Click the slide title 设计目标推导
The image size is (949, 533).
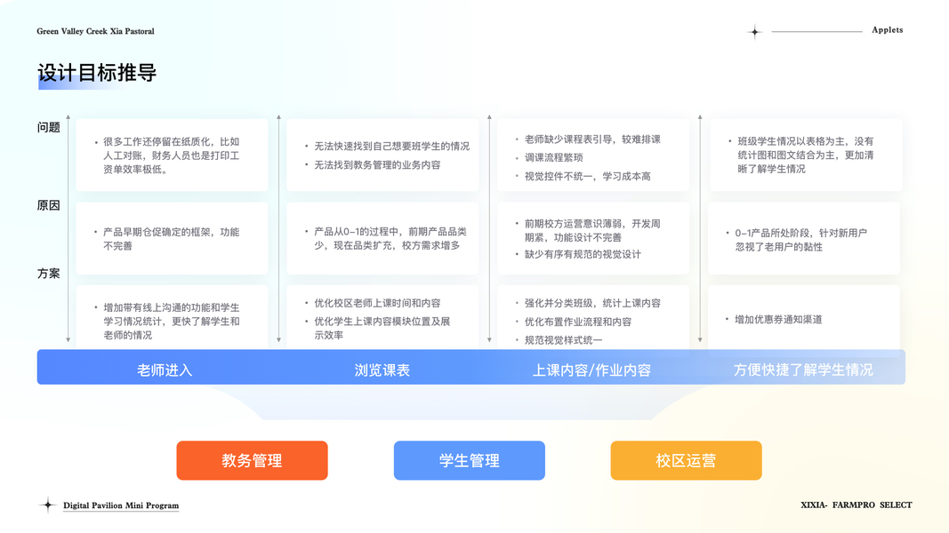pos(97,73)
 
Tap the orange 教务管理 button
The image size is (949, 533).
pos(252,460)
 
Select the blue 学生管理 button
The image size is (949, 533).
pos(469,460)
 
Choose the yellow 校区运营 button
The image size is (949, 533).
pos(686,460)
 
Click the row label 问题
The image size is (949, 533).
pos(49,127)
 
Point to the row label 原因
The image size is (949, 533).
pos(49,205)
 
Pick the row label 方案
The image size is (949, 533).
pos(49,274)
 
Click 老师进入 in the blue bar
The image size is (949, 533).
pos(165,370)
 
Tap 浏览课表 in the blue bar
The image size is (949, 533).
pos(382,370)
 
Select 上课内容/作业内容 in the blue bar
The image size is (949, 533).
pos(591,370)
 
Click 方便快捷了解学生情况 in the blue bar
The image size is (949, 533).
pos(803,370)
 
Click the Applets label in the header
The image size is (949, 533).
pos(887,30)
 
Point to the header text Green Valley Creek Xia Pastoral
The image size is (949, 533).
pos(95,31)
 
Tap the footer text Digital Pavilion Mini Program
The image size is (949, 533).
pos(121,505)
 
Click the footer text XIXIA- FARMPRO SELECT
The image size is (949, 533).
pos(856,505)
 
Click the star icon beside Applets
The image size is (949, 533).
pos(754,32)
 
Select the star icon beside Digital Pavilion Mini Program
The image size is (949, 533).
pos(48,505)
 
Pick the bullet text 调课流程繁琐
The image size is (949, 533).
pos(553,157)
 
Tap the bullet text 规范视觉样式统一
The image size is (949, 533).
pos(563,340)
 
